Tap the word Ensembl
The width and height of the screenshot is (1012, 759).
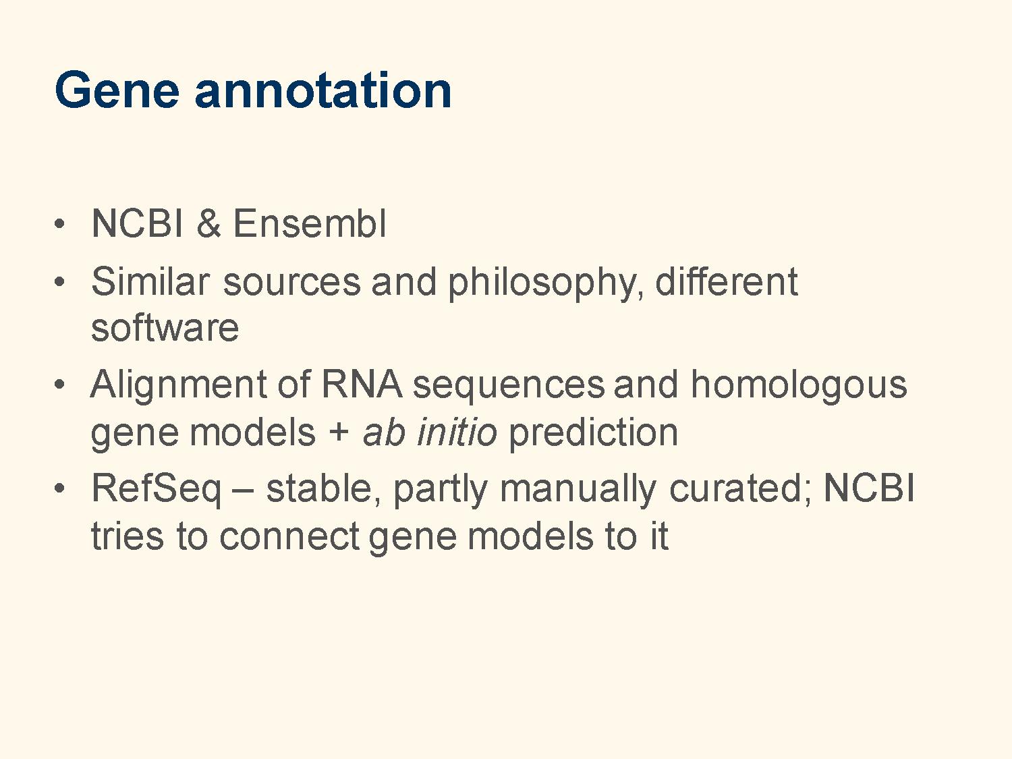tap(310, 223)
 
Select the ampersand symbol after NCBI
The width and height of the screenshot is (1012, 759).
tap(208, 223)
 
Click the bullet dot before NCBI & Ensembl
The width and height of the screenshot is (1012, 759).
tap(59, 224)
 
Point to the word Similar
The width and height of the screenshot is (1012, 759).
tap(150, 281)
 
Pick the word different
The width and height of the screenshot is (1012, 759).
tap(726, 281)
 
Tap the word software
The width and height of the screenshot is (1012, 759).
tap(165, 328)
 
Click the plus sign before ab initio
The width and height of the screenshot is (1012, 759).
tap(339, 433)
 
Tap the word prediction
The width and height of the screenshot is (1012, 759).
tap(593, 434)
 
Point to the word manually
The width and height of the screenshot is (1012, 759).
tap(578, 491)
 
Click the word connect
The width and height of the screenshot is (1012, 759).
tap(289, 536)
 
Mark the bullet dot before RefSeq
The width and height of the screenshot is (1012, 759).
tap(59, 489)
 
